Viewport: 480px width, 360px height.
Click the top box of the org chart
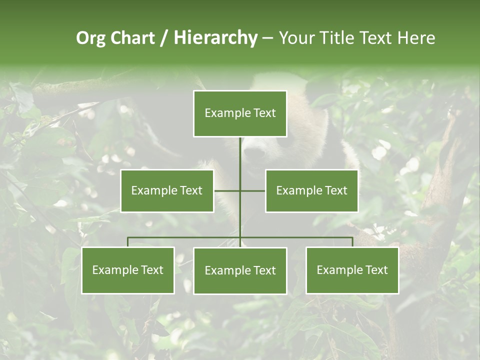(x=240, y=113)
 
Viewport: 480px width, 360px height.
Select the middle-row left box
(x=167, y=190)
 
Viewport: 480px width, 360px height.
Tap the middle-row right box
(x=311, y=190)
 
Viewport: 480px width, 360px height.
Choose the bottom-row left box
(x=127, y=270)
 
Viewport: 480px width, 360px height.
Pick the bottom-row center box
(x=240, y=270)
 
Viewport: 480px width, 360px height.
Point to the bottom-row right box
(x=352, y=270)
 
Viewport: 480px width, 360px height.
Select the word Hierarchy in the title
(x=215, y=38)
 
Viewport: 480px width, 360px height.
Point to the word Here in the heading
(x=416, y=38)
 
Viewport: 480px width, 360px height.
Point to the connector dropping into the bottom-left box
(x=127, y=242)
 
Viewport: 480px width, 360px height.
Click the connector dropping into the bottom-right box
(x=352, y=242)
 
